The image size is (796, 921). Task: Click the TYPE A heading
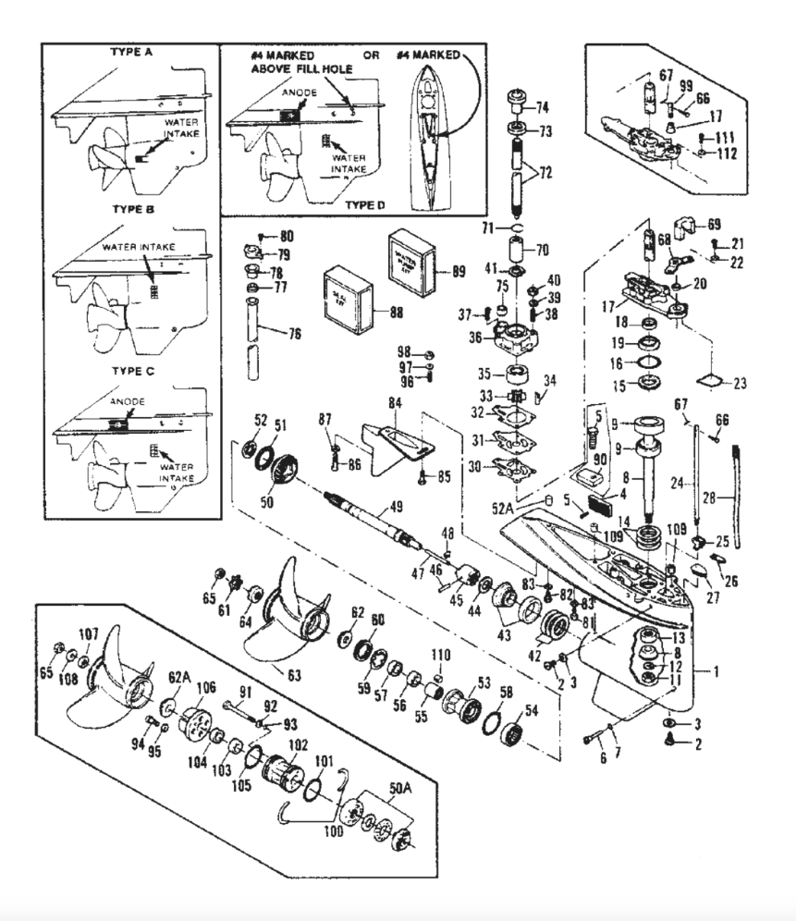[132, 53]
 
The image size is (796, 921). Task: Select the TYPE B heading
[132, 210]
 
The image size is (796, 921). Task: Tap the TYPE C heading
[132, 369]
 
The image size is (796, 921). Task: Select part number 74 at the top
[541, 105]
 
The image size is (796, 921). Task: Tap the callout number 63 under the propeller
[293, 674]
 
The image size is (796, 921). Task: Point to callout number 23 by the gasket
[739, 381]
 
